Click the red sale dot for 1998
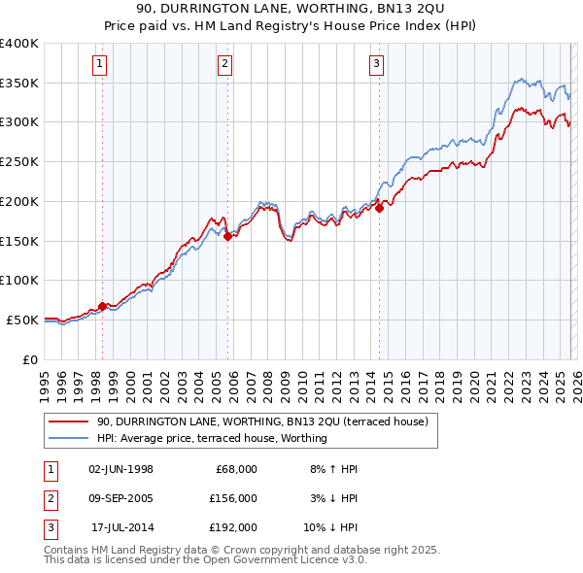pyautogui.click(x=103, y=305)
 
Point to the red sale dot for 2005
pyautogui.click(x=227, y=236)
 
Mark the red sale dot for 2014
pyautogui.click(x=380, y=207)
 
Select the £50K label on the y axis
pyautogui.click(x=22, y=320)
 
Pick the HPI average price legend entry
pyautogui.click(x=212, y=438)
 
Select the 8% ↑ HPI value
pyautogui.click(x=333, y=469)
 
